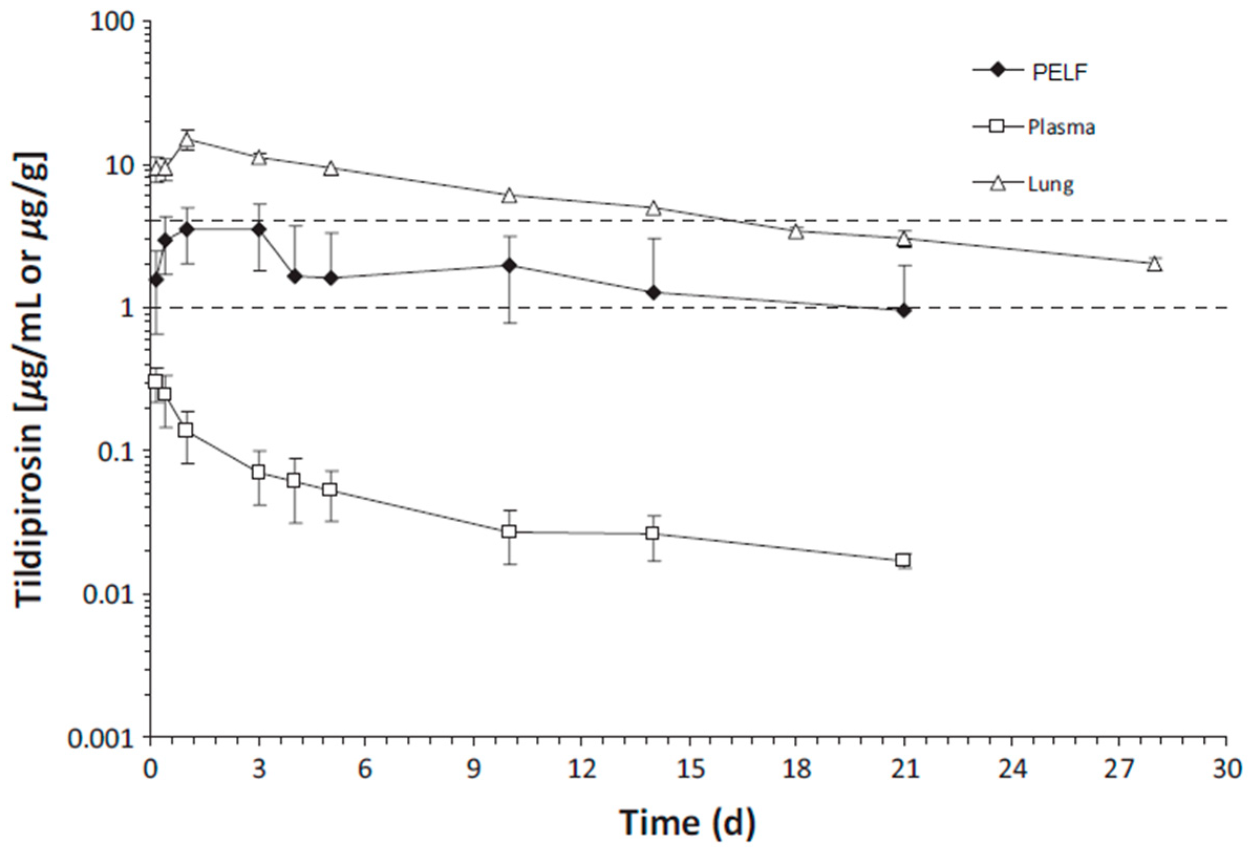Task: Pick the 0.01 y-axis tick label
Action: (x=108, y=596)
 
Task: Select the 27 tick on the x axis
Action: (x=1119, y=770)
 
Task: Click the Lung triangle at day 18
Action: (x=796, y=232)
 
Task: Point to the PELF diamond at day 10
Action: (x=509, y=265)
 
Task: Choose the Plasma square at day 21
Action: (x=903, y=560)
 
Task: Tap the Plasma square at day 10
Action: (x=509, y=532)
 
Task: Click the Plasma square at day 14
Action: (x=652, y=534)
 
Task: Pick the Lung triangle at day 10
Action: (x=509, y=196)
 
